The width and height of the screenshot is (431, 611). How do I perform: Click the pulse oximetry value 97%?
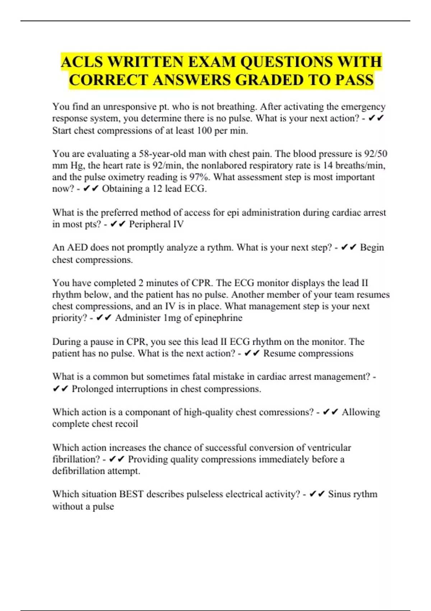click(199, 177)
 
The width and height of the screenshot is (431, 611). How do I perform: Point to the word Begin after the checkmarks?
click(372, 248)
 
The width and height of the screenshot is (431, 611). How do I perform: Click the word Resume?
click(279, 353)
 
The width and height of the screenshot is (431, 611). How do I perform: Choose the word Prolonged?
click(92, 389)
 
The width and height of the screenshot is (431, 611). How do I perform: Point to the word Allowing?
click(361, 412)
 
